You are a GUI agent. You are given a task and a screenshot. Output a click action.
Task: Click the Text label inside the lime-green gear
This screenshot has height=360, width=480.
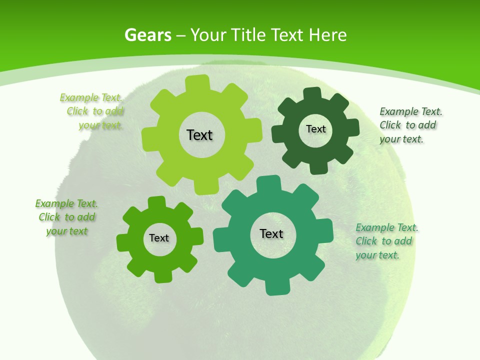pyautogui.click(x=199, y=135)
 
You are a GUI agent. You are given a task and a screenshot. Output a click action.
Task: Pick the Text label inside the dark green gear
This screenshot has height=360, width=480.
pyautogui.click(x=315, y=129)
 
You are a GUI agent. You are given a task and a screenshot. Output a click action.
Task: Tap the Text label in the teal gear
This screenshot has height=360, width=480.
pyautogui.click(x=271, y=233)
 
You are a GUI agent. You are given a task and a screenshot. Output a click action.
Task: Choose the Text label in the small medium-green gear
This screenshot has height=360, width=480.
pyautogui.click(x=159, y=238)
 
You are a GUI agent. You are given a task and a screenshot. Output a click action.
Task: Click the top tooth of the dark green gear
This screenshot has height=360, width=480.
pyautogui.click(x=312, y=93)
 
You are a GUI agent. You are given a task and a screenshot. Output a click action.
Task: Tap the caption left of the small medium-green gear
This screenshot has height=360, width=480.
pyautogui.click(x=66, y=217)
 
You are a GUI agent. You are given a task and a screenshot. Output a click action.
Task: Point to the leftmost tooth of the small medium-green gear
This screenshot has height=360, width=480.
pyautogui.click(x=123, y=241)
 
